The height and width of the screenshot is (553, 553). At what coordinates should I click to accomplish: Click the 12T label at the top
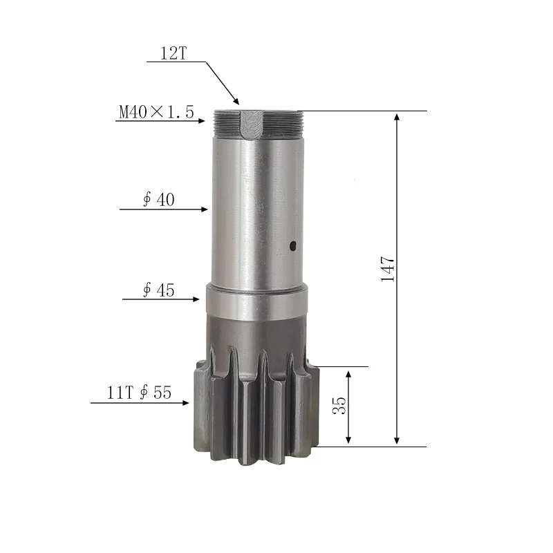174,54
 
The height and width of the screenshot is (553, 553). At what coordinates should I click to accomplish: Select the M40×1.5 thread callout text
156,112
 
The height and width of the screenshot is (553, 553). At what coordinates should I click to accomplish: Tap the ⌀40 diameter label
158,200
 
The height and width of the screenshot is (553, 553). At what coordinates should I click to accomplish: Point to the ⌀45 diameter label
158,290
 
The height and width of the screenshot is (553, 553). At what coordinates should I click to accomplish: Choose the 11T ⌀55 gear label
139,393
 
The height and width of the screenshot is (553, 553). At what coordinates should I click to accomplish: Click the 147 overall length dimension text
388,269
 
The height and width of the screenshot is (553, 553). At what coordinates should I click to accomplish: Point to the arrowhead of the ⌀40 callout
205,209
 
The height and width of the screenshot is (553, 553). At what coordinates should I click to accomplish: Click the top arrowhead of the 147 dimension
397,115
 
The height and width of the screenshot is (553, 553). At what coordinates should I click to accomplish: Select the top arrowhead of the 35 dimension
348,373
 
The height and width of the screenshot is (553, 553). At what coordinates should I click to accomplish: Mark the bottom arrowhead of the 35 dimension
348,440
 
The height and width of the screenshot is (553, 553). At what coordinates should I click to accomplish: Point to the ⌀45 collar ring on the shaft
256,301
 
